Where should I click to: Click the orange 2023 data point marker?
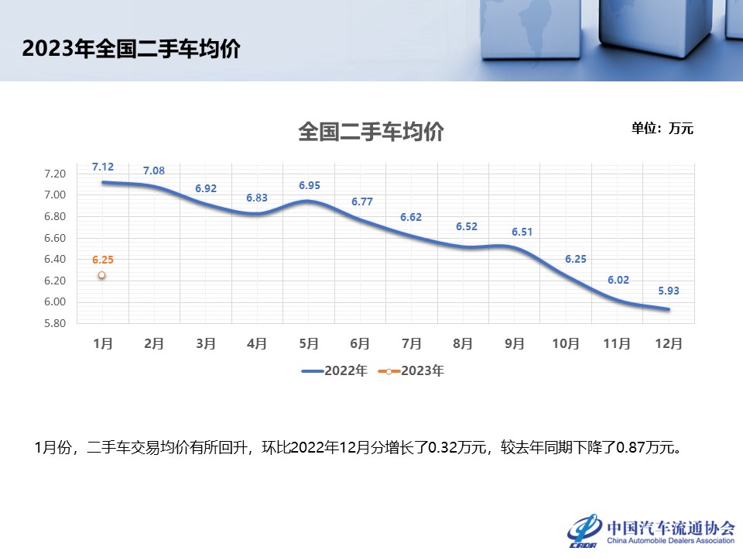coord(101,275)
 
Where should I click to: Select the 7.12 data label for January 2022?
coord(103,167)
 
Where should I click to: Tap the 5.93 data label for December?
coord(669,291)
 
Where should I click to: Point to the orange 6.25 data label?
coord(102,260)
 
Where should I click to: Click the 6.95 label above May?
coord(310,185)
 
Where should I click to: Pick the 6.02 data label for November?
coord(618,282)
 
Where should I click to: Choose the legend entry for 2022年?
coord(334,371)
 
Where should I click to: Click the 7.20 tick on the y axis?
coord(56,173)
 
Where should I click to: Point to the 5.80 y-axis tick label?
coord(56,323)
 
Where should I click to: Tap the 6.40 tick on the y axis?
coord(56,259)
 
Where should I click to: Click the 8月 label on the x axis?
coord(464,343)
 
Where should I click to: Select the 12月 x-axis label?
coord(670,343)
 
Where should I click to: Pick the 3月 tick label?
coord(206,343)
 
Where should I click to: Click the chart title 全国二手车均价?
coord(371,132)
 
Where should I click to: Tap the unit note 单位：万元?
coord(663,129)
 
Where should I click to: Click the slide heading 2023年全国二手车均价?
coord(131,49)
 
